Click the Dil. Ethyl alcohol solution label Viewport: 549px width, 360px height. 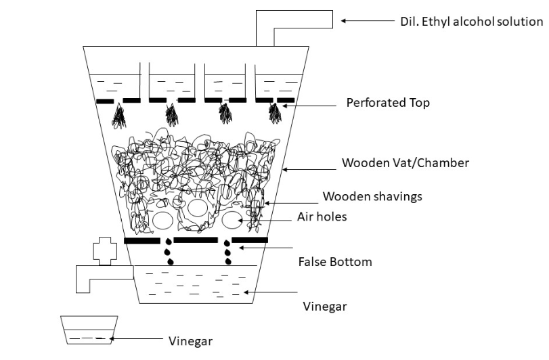(470, 21)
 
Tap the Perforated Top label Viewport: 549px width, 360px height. (387, 104)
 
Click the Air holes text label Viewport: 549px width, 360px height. (322, 217)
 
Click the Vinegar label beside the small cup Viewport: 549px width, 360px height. (190, 340)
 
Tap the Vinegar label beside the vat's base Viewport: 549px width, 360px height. (324, 307)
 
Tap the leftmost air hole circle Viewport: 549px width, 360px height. (162, 220)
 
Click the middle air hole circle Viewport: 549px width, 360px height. (198, 208)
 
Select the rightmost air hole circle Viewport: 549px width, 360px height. (232, 220)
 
